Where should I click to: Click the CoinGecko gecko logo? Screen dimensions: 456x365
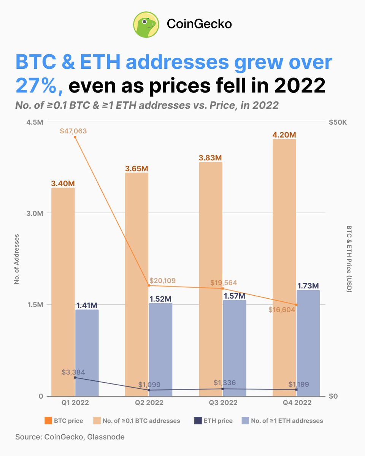[x=146, y=24]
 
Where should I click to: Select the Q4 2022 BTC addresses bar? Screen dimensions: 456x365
[x=284, y=266]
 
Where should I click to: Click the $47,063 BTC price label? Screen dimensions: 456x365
[x=73, y=131]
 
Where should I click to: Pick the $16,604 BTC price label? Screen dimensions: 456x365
[x=281, y=310]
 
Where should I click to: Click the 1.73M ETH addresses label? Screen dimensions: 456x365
[x=308, y=285]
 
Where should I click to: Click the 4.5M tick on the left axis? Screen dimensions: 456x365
[x=34, y=122]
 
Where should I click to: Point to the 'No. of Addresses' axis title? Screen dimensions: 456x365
[x=17, y=259]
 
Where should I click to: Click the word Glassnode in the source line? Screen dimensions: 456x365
[x=106, y=437]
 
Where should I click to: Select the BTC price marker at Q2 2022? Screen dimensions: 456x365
[x=149, y=285]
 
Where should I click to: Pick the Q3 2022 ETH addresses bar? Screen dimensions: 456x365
[x=235, y=348]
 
